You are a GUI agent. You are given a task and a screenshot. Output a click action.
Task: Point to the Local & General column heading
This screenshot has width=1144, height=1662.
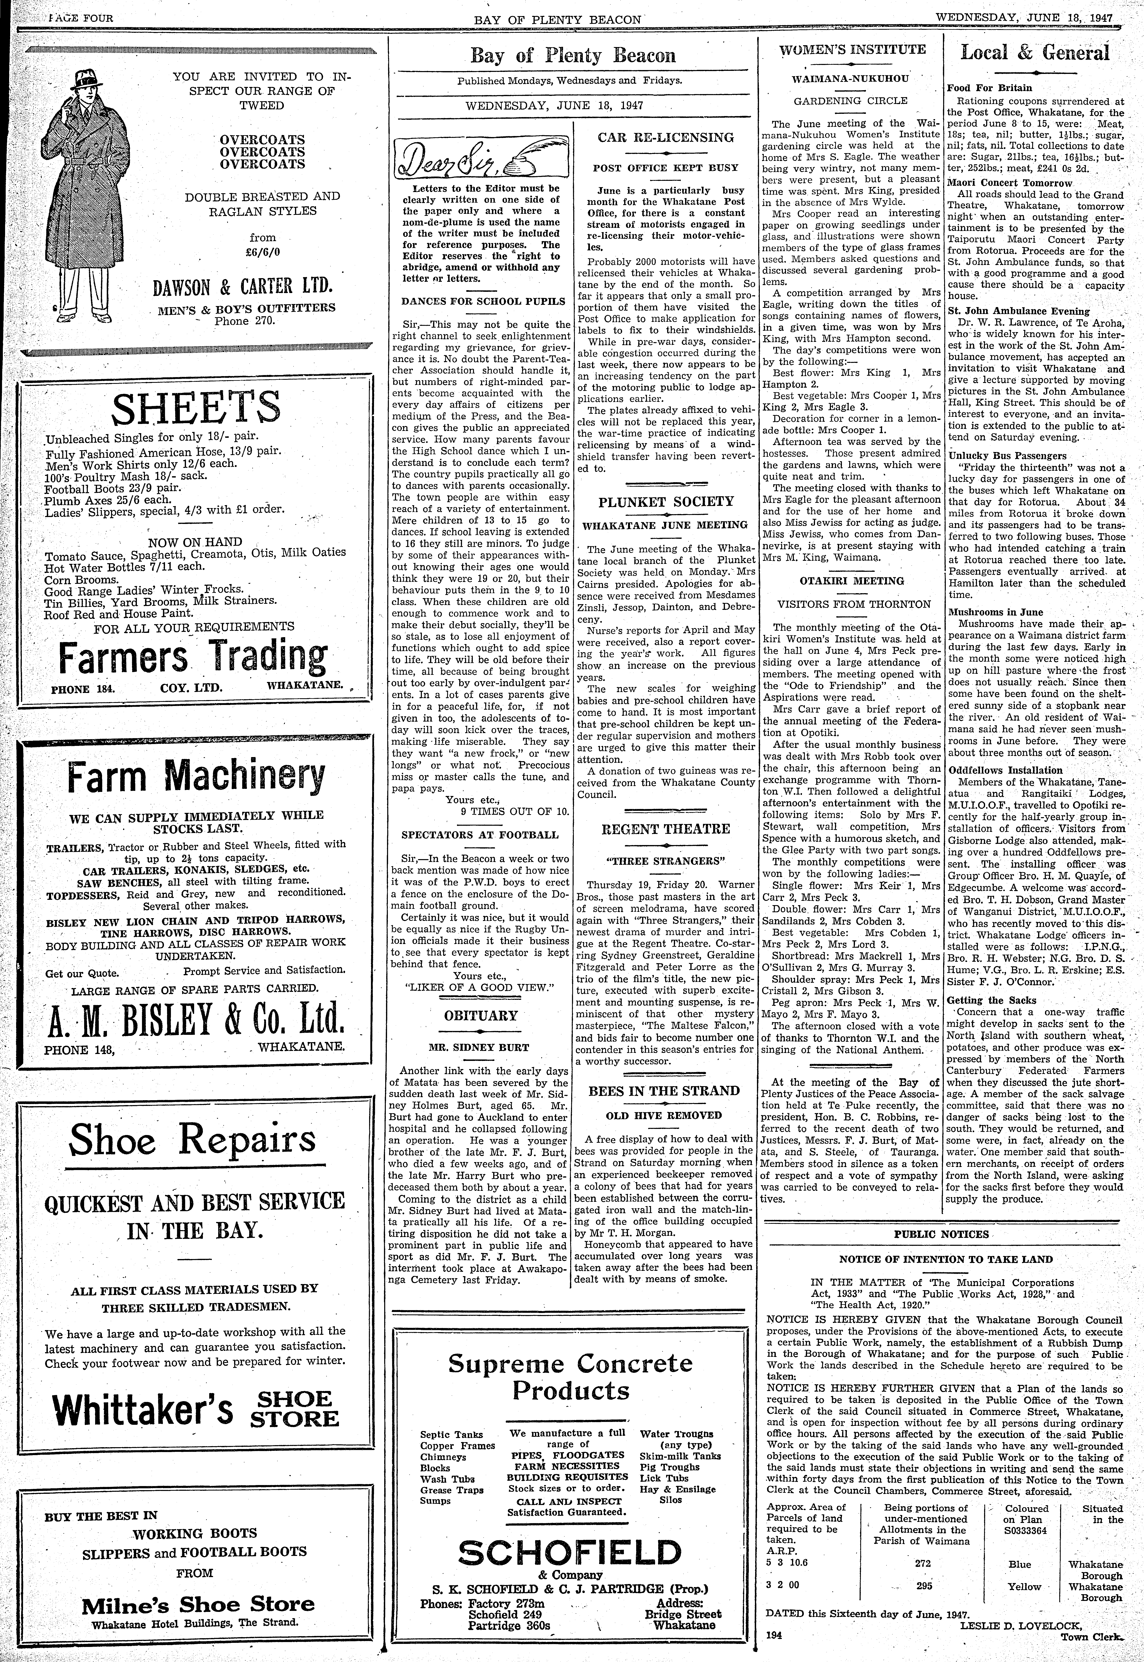(1035, 52)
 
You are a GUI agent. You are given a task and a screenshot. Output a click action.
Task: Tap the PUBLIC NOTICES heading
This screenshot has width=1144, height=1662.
(941, 1234)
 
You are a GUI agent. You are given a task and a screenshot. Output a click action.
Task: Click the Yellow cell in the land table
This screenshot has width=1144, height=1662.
(1024, 1587)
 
